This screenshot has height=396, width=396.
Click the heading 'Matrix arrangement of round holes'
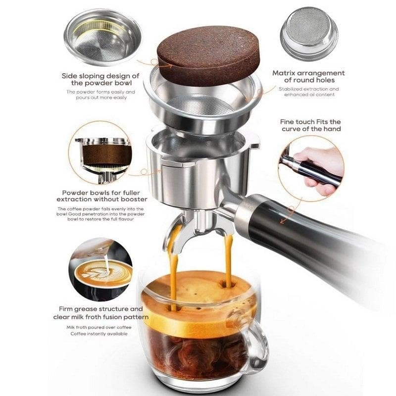[x=308, y=77]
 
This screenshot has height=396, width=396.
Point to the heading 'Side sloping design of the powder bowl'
[x=100, y=79]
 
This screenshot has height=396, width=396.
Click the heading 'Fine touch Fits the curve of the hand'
[x=311, y=125]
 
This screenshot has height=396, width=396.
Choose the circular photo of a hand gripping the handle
[x=311, y=168]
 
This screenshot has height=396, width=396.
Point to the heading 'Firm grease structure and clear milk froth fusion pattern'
[x=100, y=313]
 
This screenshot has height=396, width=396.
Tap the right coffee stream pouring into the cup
[x=229, y=260]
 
